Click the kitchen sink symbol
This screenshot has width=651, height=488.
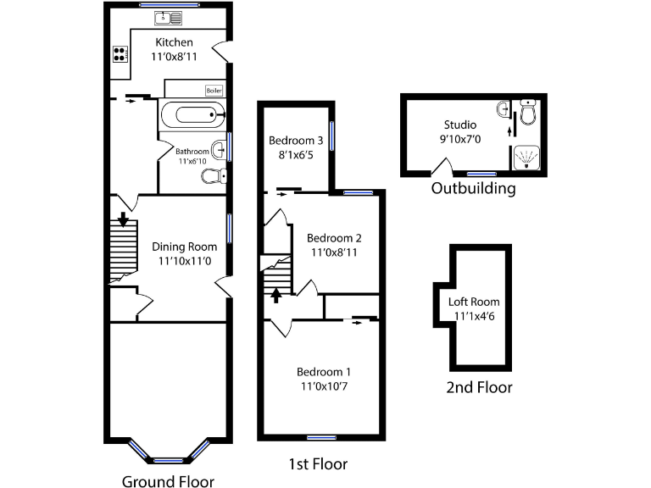coord(166,16)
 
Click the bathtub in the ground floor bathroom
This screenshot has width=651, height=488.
coord(192,115)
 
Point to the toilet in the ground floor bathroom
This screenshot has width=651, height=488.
coord(214,176)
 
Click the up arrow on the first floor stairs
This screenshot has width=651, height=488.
coord(275,295)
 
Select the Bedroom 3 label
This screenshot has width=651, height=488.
coord(296,141)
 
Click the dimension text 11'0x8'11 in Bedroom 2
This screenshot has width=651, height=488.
coord(334,252)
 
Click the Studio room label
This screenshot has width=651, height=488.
coord(459,125)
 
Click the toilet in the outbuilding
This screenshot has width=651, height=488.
coord(529,112)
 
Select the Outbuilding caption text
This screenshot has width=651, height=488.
coord(473,188)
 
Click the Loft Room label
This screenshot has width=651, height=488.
coord(474,302)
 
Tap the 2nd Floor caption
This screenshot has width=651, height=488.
coord(480,388)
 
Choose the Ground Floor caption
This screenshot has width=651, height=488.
coord(167,481)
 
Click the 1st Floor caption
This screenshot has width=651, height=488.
coord(317,464)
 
